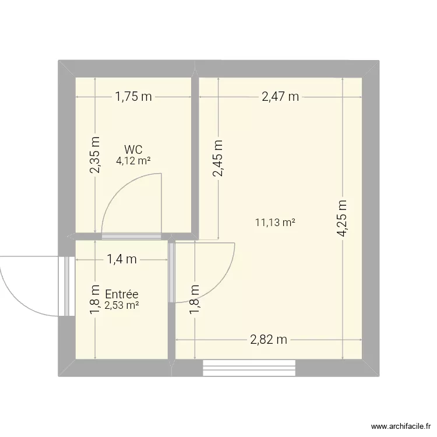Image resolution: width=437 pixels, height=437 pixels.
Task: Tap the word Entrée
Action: pos(121,294)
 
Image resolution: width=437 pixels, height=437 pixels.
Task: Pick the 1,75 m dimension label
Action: pos(133,97)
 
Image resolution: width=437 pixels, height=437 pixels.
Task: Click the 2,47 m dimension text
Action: pos(280,97)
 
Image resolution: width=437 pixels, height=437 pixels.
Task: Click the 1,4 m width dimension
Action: pos(121,259)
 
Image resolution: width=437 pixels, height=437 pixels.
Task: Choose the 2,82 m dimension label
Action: pos(269,340)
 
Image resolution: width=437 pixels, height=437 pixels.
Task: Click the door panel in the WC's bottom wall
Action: pos(132,237)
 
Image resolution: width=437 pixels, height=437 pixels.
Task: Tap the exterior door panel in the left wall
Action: pos(66,286)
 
